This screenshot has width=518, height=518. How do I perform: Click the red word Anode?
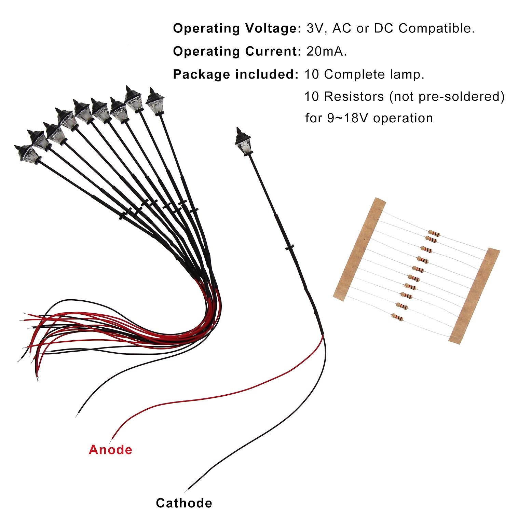[110, 450]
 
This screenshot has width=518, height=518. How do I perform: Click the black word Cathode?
[184, 503]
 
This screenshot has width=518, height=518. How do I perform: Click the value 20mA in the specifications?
[327, 51]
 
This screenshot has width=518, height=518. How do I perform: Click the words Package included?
[236, 74]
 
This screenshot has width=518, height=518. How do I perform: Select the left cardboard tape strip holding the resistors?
[359, 249]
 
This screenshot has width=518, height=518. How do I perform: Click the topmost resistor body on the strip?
[434, 233]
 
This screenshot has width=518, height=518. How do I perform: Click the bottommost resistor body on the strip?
[397, 317]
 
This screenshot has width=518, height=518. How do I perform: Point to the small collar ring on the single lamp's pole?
[290, 247]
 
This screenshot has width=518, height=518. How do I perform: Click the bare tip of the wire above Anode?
[111, 440]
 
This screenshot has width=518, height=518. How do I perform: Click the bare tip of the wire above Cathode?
[186, 491]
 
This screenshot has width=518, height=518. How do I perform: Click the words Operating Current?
[237, 51]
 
